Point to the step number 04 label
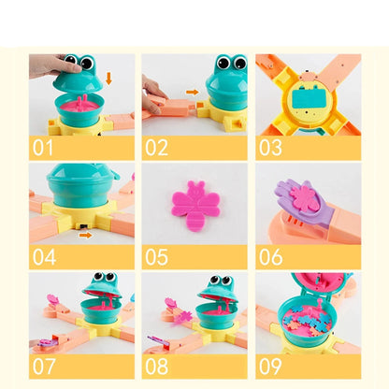pyautogui.click(x=46, y=255)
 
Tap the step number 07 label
pyautogui.click(x=46, y=366)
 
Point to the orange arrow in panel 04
pyautogui.click(x=86, y=235)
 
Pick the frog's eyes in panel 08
pyautogui.click(x=221, y=280)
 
